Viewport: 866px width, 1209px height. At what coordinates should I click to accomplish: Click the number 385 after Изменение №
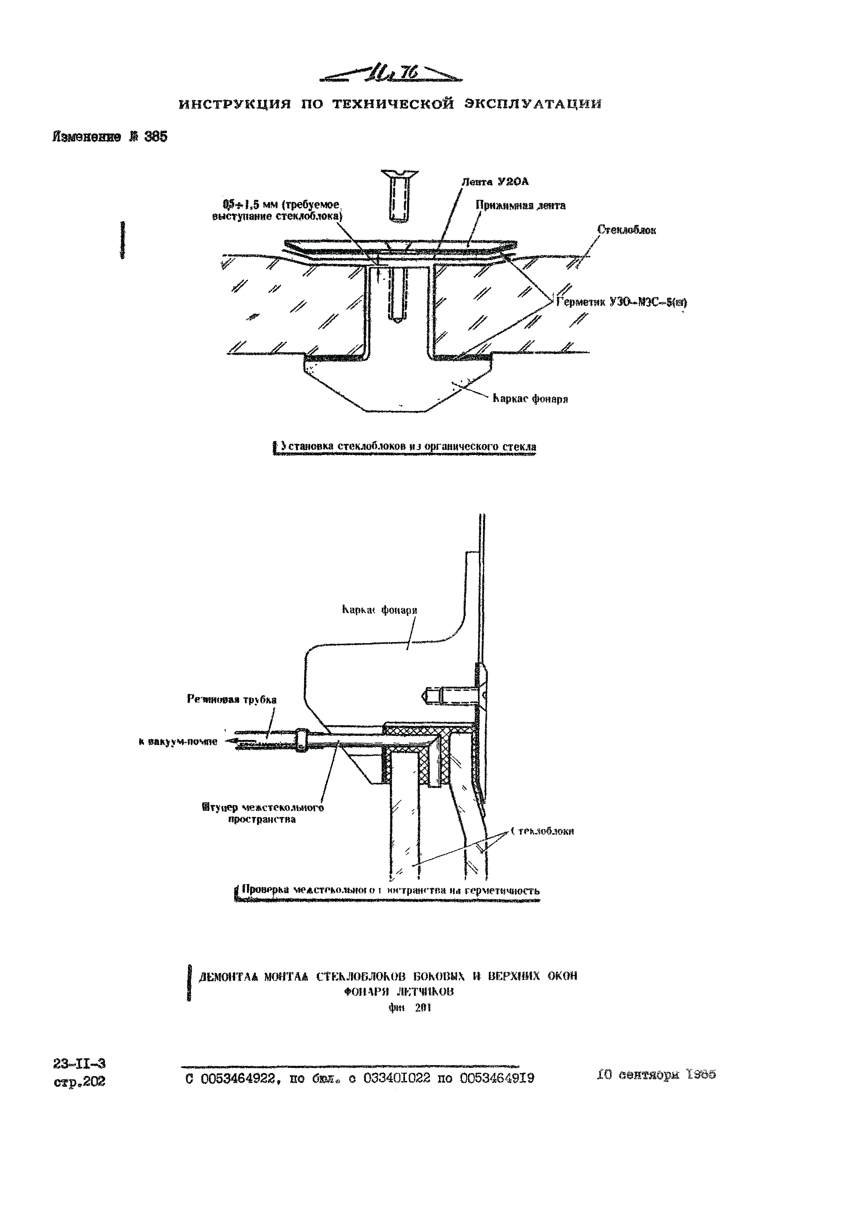pos(155,137)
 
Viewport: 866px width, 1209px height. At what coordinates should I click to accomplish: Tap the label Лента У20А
pos(495,182)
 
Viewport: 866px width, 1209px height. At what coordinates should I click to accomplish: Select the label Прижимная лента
pos(520,205)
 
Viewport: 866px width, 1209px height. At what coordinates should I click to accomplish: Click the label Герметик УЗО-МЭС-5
pos(621,302)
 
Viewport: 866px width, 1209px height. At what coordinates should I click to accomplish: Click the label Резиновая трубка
pos(232,699)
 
